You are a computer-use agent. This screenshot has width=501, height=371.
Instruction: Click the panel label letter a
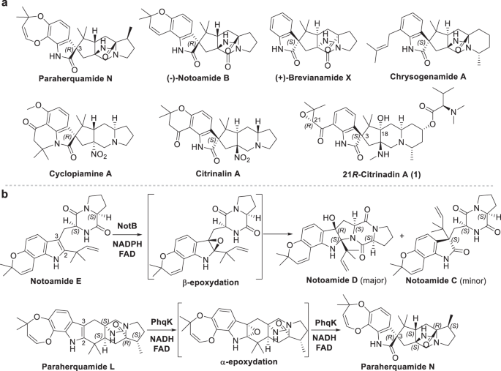pos(5,6)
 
